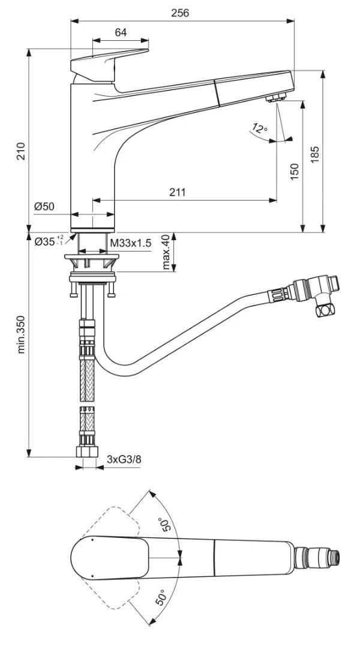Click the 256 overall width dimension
pos(179,13)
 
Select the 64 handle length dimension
pos(121,33)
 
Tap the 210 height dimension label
pos(21,151)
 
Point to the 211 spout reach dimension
pos(177,192)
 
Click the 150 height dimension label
pos(294,171)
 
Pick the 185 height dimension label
pos(314,154)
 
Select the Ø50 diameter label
pos(44,207)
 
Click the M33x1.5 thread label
pos(130,242)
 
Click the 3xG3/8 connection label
pos(125,459)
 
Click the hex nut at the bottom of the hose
pos(86,452)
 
